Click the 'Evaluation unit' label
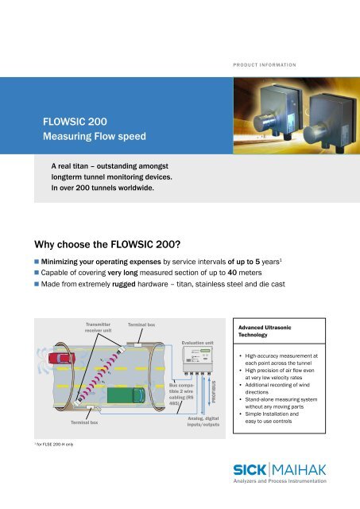(x=198, y=343)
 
